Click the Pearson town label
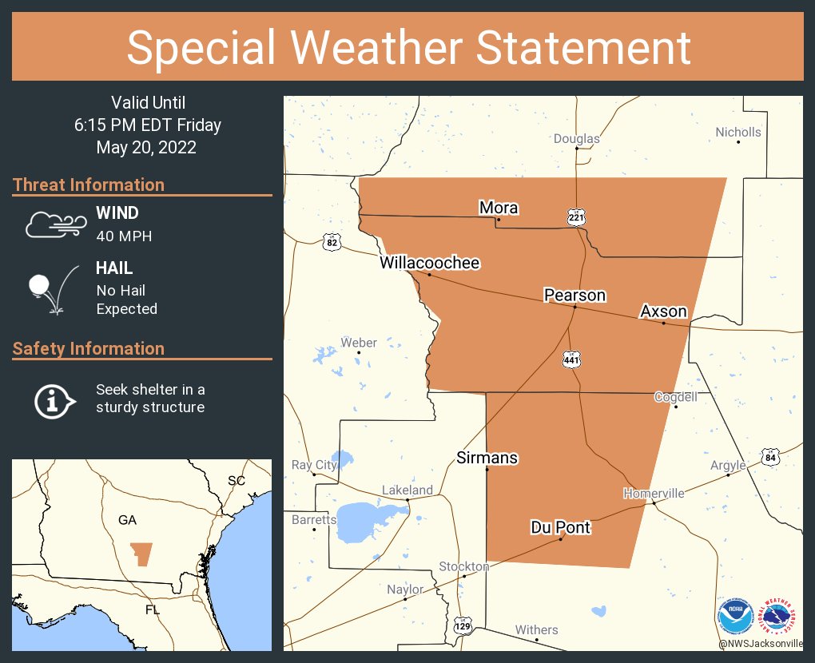coord(574,296)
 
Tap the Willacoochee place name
coord(429,263)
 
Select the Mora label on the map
coord(499,208)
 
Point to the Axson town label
coord(663,312)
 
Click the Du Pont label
coord(560,527)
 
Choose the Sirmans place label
coord(487,458)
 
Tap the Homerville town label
coord(654,493)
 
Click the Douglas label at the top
coord(576,138)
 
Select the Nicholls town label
coord(737,132)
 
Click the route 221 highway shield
coord(576,217)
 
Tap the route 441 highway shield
coord(570,360)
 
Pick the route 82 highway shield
coord(332,242)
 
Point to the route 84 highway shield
coord(769,458)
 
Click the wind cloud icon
coord(54,224)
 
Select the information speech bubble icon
coord(54,399)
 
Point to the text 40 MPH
coord(124,236)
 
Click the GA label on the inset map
coord(127,520)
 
